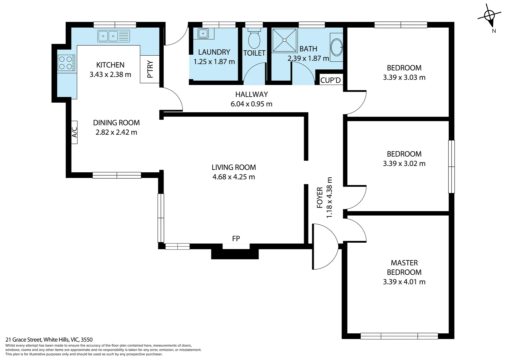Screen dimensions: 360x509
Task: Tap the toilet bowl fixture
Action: (254, 40)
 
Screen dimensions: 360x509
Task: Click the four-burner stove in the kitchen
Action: (66, 63)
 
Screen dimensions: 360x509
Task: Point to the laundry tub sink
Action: (203, 34)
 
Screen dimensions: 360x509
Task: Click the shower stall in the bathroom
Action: (284, 40)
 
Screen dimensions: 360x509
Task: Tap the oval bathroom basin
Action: (336, 47)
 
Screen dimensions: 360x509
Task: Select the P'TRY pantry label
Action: (150, 69)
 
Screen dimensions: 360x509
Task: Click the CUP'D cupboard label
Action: (330, 80)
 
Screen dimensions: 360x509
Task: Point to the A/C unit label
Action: (74, 132)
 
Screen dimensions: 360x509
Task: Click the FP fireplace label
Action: (236, 239)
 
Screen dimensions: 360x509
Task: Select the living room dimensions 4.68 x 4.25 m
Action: (234, 177)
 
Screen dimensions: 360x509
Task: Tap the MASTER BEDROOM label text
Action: (404, 268)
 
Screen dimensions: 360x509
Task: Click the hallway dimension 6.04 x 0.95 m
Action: (251, 104)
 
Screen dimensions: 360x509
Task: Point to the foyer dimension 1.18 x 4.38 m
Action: (329, 202)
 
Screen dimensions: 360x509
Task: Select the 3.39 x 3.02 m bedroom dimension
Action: (404, 164)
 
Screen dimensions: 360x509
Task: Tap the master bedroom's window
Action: (399, 336)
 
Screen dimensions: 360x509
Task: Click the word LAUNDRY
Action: (214, 52)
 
